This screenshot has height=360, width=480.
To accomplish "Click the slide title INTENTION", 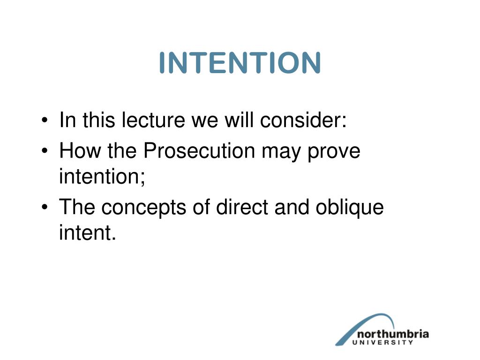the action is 240,63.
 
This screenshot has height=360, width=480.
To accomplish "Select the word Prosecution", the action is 199,150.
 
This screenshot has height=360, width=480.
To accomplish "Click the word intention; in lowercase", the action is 102,176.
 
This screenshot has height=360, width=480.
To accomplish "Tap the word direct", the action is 242,207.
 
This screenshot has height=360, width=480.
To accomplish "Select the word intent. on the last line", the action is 88,232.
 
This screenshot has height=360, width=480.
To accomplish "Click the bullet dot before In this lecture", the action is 45,120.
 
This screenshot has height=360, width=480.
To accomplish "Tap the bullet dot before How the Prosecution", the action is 45,150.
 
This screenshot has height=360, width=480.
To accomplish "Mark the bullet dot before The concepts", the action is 45,207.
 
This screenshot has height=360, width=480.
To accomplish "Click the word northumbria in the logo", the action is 393,334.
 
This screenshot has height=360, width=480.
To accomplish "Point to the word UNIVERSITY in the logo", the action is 382,343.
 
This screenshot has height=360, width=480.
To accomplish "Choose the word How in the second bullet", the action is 80,150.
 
